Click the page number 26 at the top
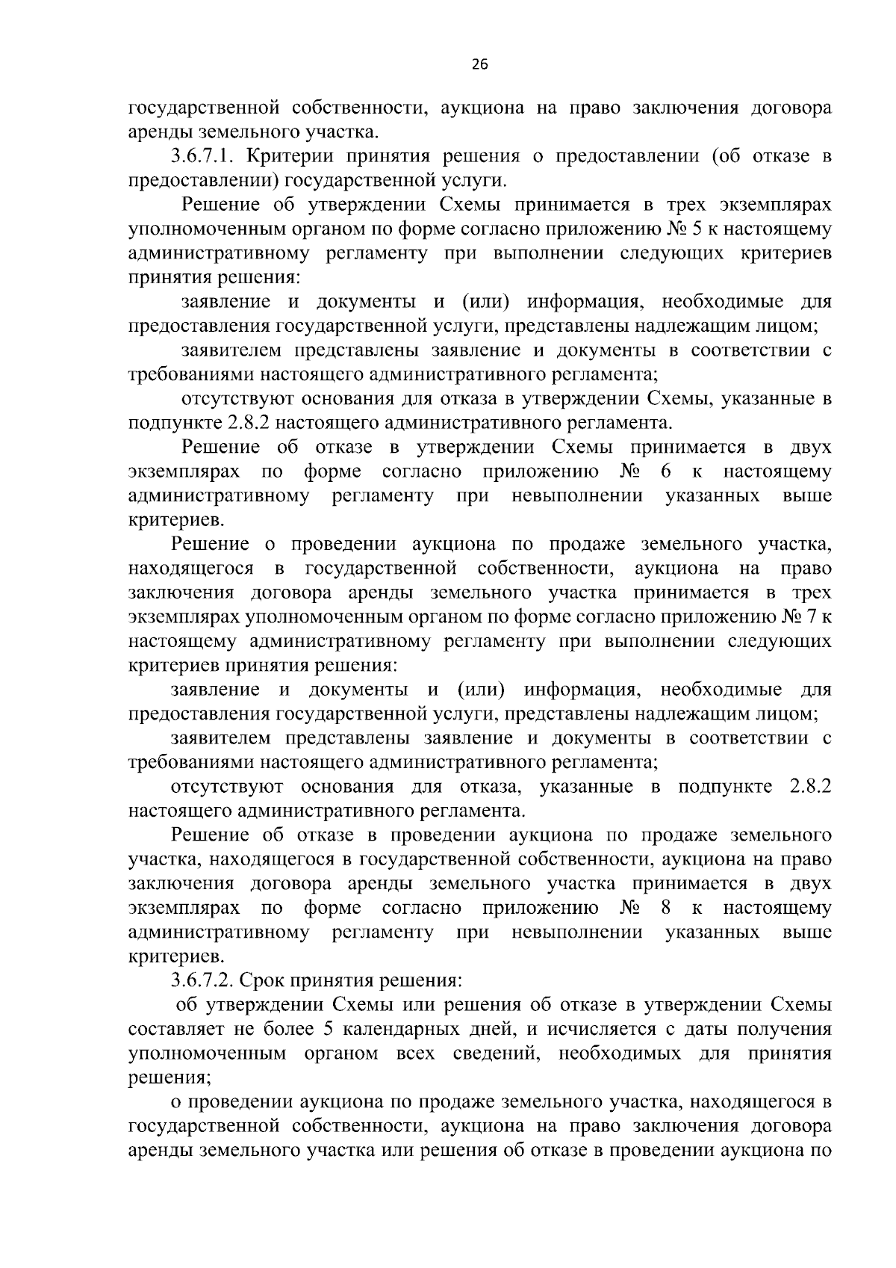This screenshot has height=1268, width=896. [x=479, y=65]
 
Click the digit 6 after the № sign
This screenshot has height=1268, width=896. [x=667, y=472]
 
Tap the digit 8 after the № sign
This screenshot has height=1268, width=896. [x=667, y=909]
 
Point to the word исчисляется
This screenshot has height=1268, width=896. [x=593, y=1030]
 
